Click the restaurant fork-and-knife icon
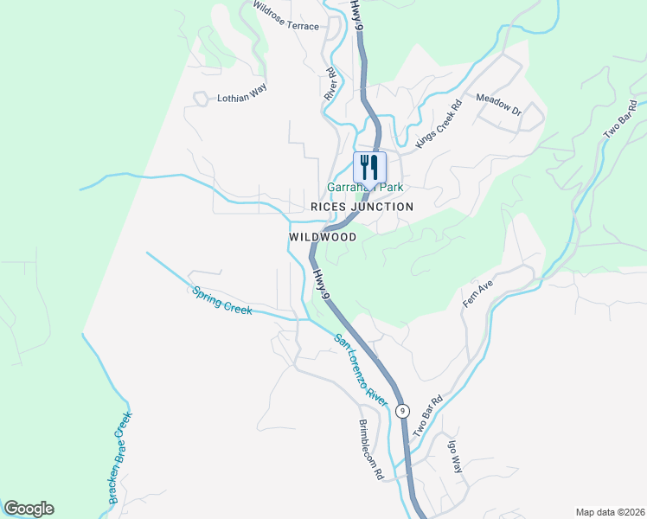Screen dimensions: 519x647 [x=369, y=166]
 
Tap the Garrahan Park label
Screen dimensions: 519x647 [x=365, y=187]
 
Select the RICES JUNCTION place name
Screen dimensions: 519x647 [x=362, y=207]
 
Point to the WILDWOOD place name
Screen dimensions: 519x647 [x=323, y=236]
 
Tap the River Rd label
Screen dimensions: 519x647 [x=330, y=85]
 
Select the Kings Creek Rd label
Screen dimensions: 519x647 [x=439, y=125]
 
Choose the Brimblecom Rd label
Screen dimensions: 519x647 [x=370, y=451]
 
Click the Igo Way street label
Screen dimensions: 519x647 [x=456, y=457]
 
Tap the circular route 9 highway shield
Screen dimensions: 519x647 [x=401, y=411]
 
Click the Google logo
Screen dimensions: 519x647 [x=29, y=509]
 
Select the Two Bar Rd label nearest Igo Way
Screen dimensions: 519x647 [x=427, y=415]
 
